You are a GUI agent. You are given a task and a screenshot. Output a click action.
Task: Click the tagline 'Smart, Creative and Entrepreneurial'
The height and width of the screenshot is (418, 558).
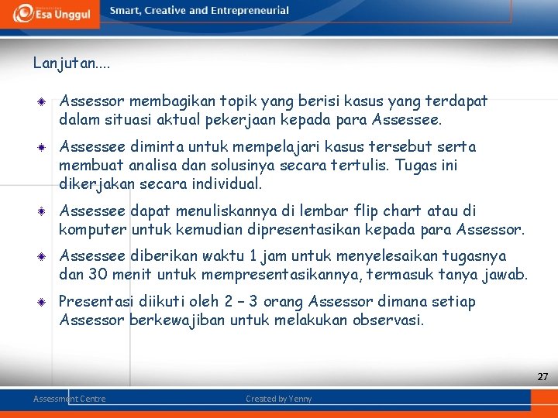click(x=199, y=11)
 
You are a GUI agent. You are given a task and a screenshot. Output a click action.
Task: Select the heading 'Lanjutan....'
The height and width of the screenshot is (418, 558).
click(x=71, y=63)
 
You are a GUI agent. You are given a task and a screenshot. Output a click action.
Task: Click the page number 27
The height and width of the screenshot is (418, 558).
click(x=542, y=377)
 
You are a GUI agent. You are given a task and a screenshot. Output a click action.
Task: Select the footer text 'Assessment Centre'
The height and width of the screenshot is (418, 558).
click(x=70, y=399)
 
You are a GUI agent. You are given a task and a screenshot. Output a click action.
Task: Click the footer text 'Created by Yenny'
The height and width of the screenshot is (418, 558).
click(x=278, y=399)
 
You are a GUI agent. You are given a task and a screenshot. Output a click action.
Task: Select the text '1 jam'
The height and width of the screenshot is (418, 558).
click(x=276, y=256)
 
